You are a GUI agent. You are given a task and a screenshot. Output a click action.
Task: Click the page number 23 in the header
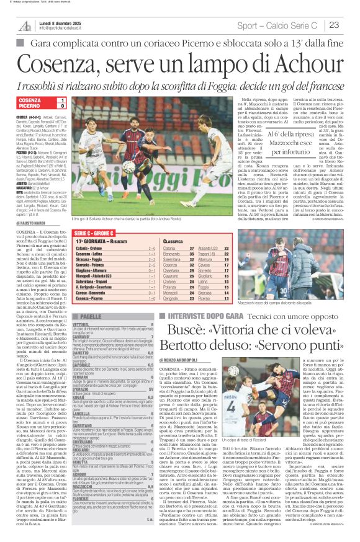pyautogui.click(x=334, y=25)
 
